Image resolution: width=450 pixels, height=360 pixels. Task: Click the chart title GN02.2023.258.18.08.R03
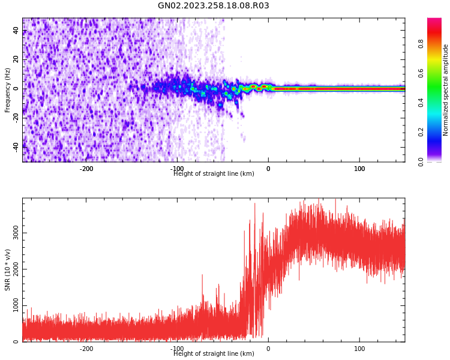click(x=214, y=6)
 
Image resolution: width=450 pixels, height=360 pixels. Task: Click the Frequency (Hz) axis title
click(x=8, y=90)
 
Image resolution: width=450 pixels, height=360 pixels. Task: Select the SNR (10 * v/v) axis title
click(x=8, y=270)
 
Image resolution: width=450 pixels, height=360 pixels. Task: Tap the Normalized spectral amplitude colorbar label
click(x=446, y=90)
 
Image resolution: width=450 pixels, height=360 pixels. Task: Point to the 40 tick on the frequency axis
click(x=16, y=31)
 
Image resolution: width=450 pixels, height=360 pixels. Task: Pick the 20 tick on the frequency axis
click(x=16, y=59)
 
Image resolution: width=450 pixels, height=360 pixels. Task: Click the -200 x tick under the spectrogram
click(x=86, y=169)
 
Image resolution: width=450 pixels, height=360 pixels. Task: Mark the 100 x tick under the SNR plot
click(x=359, y=349)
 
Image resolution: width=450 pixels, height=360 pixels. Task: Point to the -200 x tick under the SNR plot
click(x=86, y=349)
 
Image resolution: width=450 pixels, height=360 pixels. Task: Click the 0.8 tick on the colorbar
click(x=421, y=44)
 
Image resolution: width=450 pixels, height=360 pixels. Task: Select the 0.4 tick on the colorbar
click(x=421, y=103)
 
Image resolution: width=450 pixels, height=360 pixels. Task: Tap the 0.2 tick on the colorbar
click(x=421, y=132)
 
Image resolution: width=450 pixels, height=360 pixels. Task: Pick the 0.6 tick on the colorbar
click(x=421, y=73)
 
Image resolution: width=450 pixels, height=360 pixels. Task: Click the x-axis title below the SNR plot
click(x=214, y=354)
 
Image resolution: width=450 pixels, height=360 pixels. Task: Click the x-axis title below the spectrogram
click(x=214, y=174)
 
